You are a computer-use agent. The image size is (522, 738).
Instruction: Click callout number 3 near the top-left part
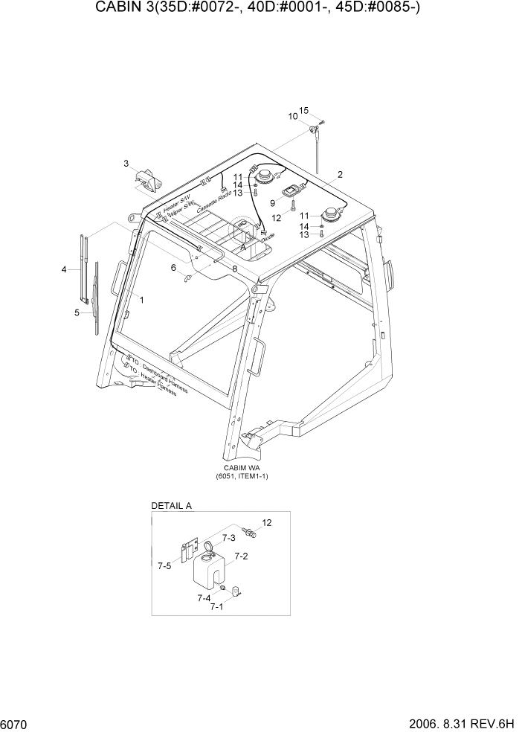click(126, 164)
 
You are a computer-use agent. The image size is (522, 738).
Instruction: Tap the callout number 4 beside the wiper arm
click(64, 269)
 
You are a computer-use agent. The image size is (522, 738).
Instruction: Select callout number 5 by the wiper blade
click(77, 312)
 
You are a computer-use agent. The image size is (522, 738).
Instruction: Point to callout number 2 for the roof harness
click(340, 175)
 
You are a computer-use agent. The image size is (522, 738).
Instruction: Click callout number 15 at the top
click(303, 111)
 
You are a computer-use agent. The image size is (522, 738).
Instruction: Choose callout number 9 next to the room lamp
click(272, 202)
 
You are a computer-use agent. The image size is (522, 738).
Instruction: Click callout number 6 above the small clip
click(174, 267)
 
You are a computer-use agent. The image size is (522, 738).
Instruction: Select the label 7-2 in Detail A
click(242, 556)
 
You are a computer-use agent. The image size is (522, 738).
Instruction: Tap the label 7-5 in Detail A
click(164, 566)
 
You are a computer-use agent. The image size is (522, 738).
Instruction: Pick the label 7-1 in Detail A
click(216, 607)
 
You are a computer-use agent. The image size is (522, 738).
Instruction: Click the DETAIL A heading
click(172, 506)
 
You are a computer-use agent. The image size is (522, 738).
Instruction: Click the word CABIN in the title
click(117, 8)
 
